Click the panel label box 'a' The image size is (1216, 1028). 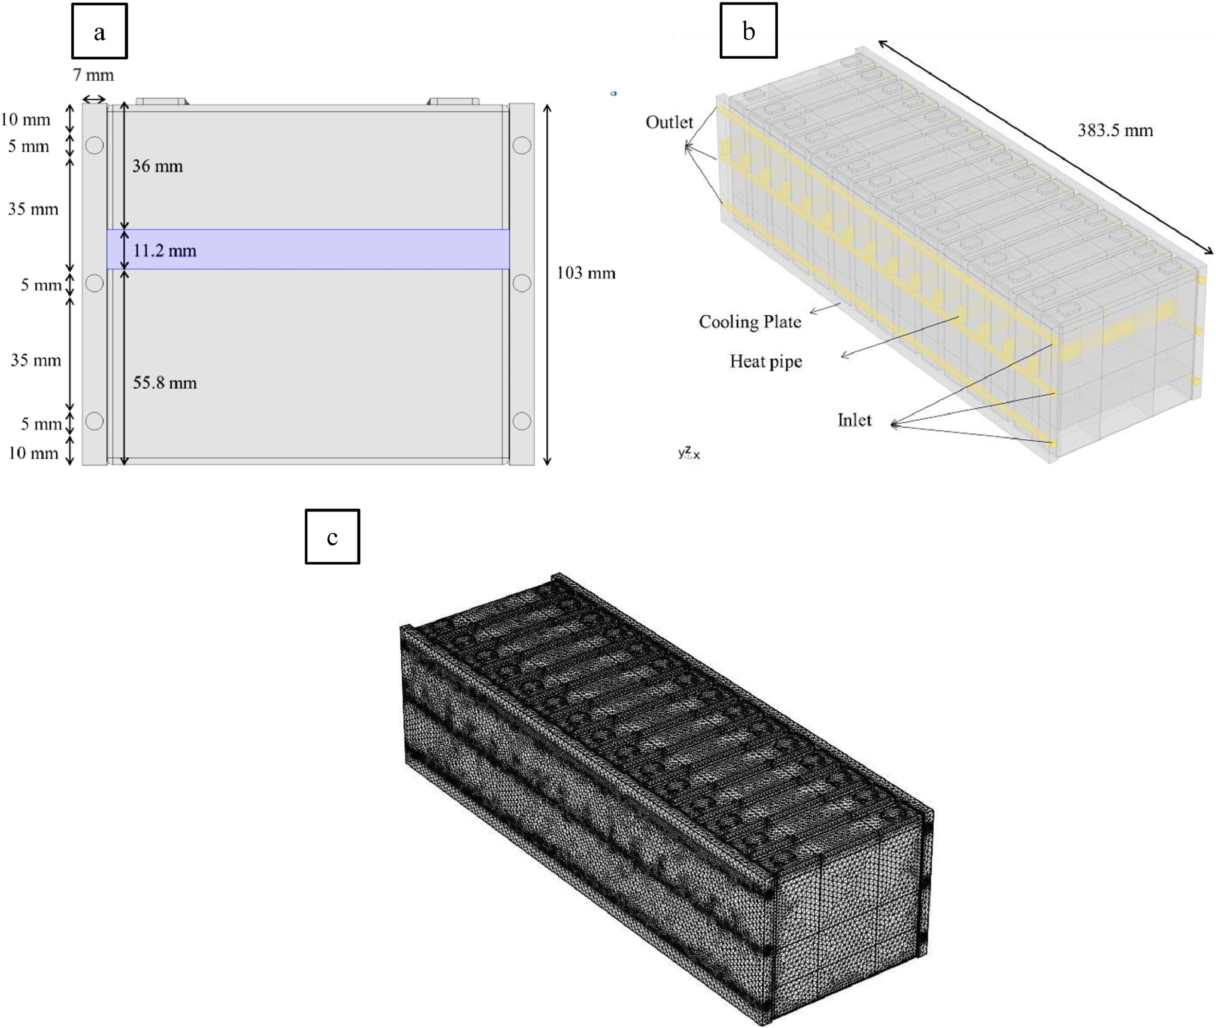(99, 31)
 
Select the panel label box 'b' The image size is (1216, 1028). (749, 30)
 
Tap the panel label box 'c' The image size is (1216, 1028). (332, 536)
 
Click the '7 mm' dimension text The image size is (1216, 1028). (93, 74)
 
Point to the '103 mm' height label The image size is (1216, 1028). (586, 273)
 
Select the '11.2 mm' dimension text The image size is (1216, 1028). (165, 251)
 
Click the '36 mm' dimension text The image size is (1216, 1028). (157, 166)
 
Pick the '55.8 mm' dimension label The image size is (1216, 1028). (165, 383)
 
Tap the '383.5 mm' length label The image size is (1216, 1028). (1115, 130)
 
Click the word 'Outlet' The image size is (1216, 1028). (669, 122)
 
